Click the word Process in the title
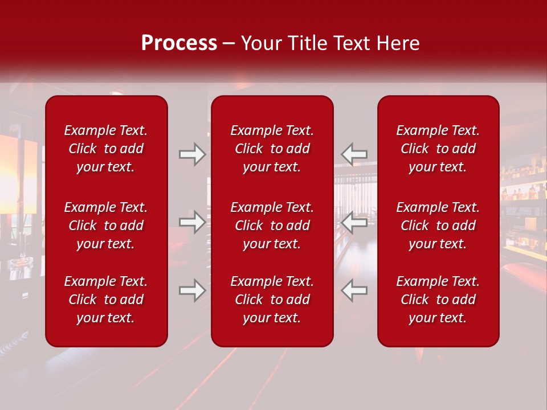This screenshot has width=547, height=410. coord(179,43)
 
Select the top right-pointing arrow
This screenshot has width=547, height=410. coord(192,154)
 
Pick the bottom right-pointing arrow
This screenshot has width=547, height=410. coord(192,290)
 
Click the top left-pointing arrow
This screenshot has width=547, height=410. coord(354,154)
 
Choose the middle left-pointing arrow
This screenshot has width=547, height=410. coord(354,222)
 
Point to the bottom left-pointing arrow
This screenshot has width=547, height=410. coord(354,290)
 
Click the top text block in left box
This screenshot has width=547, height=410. coord(106,149)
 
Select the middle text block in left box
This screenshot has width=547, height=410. coord(106,225)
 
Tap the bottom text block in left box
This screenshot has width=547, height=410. coord(106,300)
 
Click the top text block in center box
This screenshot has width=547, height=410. coord(272,149)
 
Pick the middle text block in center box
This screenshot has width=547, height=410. coord(272,225)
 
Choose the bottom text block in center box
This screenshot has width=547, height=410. coord(272,300)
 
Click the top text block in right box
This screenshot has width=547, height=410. coord(438,149)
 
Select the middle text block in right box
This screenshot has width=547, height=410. coord(438,225)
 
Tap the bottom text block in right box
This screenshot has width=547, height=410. coord(438,300)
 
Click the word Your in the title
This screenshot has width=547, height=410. coord(262,43)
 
